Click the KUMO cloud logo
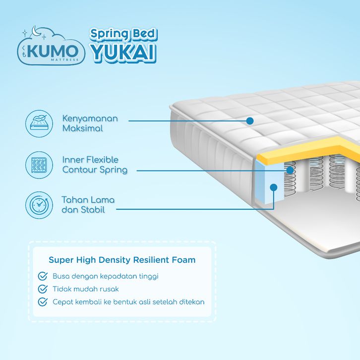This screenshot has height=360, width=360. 50,48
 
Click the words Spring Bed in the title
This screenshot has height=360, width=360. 123,34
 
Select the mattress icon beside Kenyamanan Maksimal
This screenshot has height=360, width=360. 39,123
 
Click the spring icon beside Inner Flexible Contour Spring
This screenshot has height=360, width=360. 39,164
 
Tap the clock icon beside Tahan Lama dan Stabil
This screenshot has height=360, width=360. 39,204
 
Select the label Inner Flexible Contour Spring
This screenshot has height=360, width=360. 95,165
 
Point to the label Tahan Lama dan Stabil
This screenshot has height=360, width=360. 88,205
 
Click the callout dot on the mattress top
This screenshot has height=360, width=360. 250,120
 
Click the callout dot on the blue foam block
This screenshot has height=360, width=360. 272,187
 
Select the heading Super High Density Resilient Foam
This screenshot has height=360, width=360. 122,260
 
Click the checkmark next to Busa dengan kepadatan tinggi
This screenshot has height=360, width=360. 43,276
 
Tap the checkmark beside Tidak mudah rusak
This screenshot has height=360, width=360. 43,289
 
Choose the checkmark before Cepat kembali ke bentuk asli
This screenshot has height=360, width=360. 43,301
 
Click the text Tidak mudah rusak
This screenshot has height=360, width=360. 86,289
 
